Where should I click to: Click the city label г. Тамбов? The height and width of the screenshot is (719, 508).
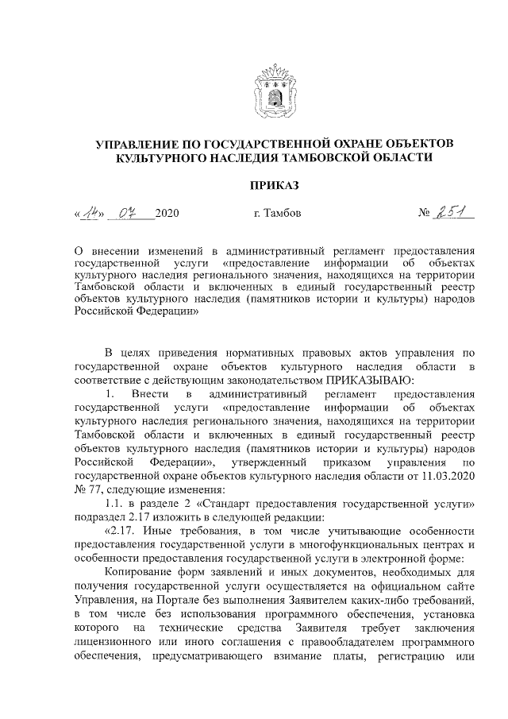point(275,214)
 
